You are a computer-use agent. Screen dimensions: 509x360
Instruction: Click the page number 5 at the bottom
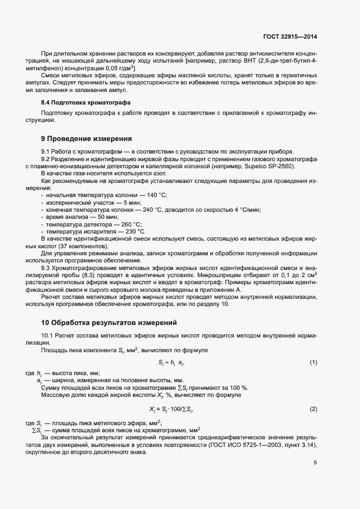(x=315, y=463)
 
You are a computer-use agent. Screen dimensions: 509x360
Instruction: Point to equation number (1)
(x=313, y=362)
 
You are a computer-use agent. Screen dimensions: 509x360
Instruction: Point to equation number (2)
(x=313, y=409)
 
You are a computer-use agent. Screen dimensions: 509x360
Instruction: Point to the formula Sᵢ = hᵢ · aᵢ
(x=175, y=362)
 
